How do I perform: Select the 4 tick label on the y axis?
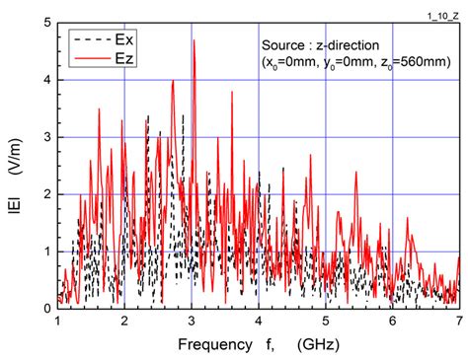(46, 80)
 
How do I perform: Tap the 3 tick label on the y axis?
(46, 137)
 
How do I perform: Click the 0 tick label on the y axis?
(46, 309)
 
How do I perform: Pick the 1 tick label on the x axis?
(58, 323)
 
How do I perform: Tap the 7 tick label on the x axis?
(459, 323)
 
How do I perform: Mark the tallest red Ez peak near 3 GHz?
(195, 40)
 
